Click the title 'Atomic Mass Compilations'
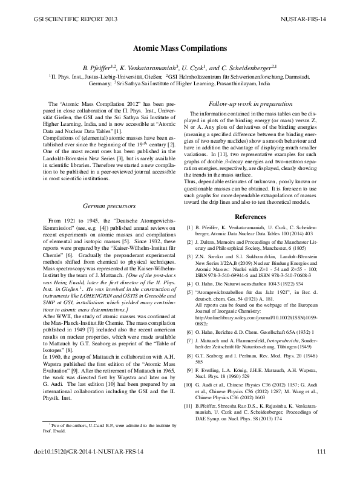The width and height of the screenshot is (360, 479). click(x=180, y=47)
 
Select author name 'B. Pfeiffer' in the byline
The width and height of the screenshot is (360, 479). click(x=97, y=66)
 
